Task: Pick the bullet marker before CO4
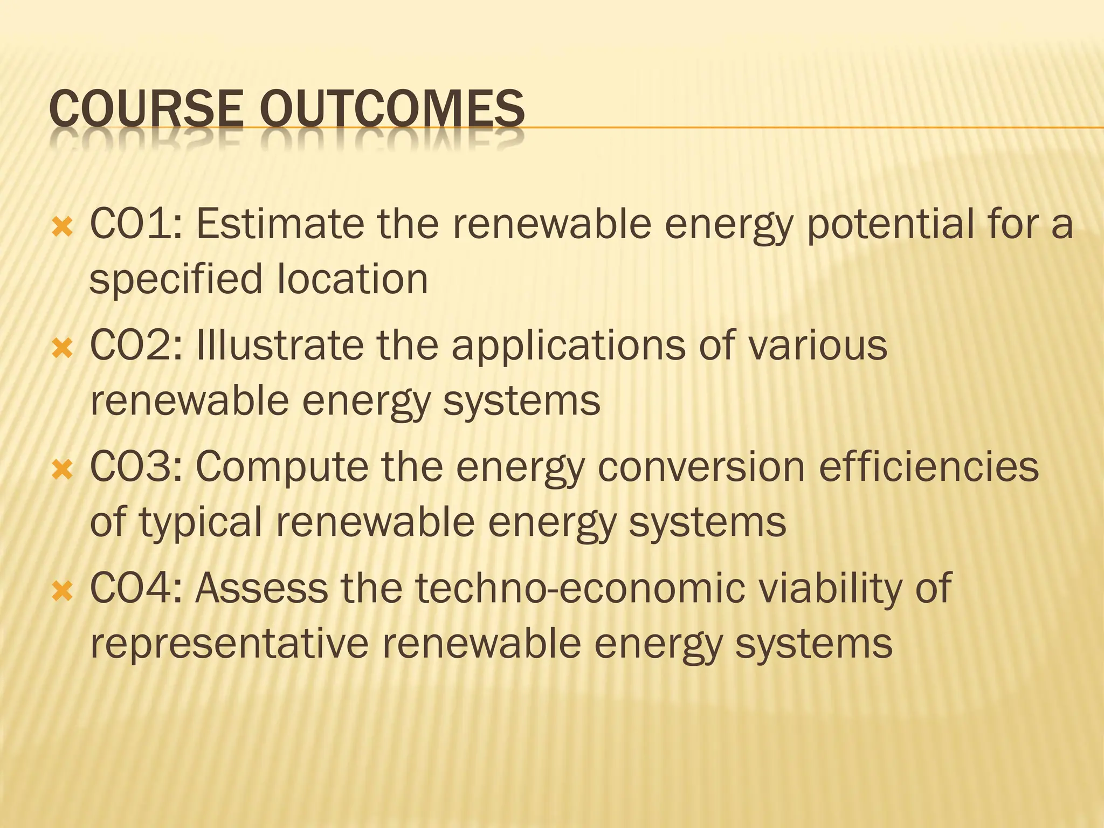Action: (63, 592)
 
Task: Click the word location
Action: (353, 279)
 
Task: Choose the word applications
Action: (568, 347)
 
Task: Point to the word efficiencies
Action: (928, 466)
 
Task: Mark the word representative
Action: (229, 644)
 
